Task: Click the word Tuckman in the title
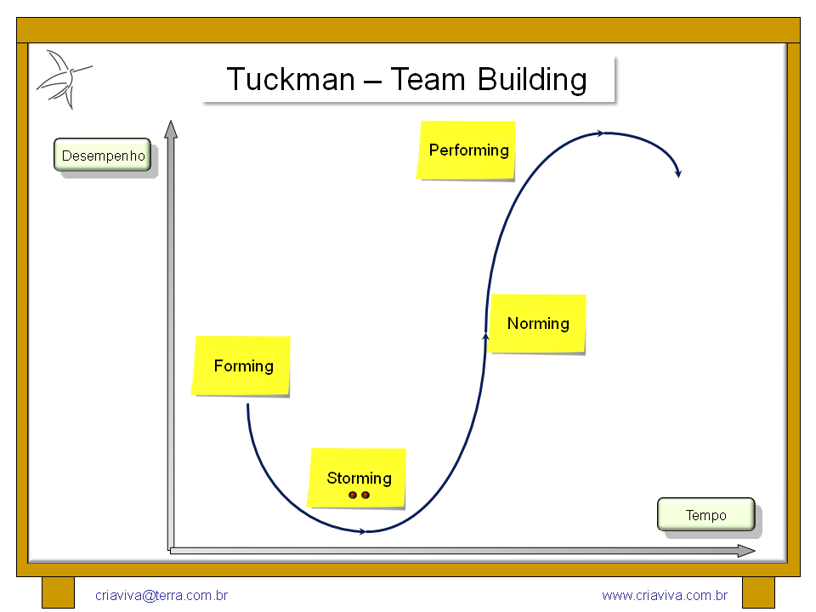(291, 79)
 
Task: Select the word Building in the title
(532, 81)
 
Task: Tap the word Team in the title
(428, 79)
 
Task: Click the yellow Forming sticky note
(241, 366)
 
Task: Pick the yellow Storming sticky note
(356, 478)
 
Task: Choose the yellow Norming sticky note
(537, 324)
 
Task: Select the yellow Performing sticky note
(467, 150)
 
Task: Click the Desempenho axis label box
(103, 155)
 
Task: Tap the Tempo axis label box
(706, 515)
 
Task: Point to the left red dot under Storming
(353, 495)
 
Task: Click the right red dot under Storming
(365, 495)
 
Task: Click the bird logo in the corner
(64, 79)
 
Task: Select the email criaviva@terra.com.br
(161, 595)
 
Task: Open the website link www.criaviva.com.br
(665, 595)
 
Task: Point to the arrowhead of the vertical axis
(171, 129)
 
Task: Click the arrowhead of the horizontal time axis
(746, 551)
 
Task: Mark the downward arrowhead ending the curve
(678, 173)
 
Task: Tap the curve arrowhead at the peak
(600, 133)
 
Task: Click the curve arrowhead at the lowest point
(362, 531)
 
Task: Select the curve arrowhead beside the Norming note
(485, 337)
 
